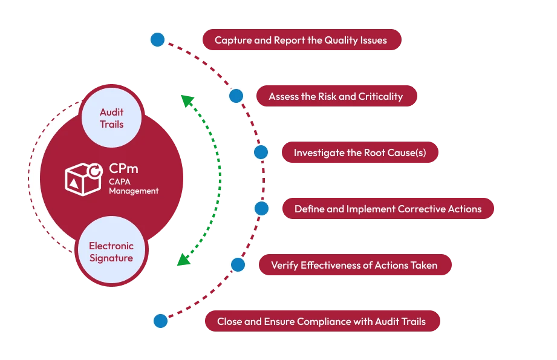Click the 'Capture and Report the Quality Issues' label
[x=301, y=41]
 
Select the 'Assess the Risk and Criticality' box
[x=336, y=96]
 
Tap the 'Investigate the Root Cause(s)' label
[x=360, y=152]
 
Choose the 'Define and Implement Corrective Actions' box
[x=388, y=209]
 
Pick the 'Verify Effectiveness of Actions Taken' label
[x=354, y=265]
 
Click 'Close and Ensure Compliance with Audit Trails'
[x=321, y=321]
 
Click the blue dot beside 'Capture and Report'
[x=157, y=40]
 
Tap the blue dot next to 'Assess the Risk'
[x=236, y=96]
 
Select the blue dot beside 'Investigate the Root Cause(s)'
[x=261, y=152]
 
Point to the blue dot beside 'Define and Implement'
[x=261, y=209]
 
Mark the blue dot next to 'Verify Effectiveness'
[x=238, y=264]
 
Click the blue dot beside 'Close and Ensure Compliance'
[x=160, y=321]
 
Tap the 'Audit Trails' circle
[x=111, y=119]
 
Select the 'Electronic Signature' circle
[x=111, y=252]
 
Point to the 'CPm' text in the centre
[x=123, y=169]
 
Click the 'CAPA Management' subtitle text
[x=133, y=186]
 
